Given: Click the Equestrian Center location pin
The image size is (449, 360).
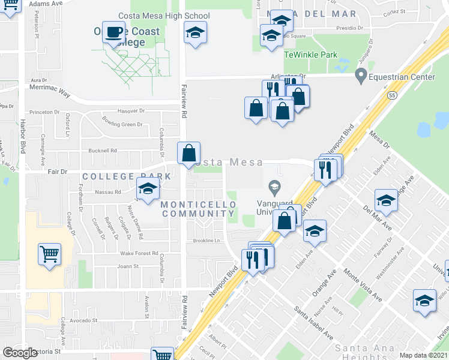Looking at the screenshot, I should click(361, 76).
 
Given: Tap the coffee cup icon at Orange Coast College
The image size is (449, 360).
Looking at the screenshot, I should click(113, 34).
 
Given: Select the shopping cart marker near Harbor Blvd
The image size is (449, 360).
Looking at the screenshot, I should click(49, 254).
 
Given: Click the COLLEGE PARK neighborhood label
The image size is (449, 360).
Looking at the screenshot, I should click(127, 176).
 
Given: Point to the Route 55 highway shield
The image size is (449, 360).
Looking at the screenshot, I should click(391, 95).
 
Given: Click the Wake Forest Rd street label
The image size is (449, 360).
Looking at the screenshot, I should click(138, 253).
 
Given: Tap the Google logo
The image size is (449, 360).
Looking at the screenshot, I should click(20, 353).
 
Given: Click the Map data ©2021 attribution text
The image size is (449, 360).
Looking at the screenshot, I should click(423, 355).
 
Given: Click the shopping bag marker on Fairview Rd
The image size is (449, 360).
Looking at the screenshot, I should click(188, 154).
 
